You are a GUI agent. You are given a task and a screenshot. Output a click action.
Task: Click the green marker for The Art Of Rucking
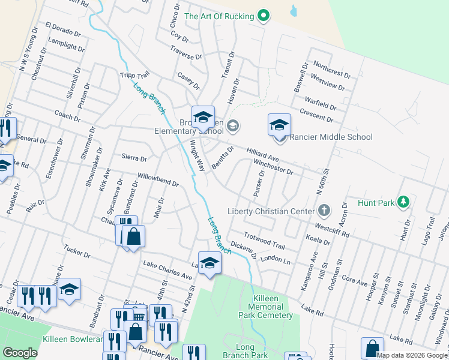263,16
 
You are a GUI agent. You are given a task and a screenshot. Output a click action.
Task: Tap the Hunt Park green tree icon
405,202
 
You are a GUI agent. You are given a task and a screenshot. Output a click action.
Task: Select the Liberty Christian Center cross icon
324,211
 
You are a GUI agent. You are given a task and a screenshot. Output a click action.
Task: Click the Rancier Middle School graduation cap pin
279,127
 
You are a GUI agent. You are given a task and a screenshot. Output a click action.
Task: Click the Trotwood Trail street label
264,241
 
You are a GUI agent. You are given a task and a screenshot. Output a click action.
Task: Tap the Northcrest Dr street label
331,70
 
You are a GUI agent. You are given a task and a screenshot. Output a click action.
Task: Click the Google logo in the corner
20,353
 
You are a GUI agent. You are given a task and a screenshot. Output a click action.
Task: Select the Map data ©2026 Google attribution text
412,355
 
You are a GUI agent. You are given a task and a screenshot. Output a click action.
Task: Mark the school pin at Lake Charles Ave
209,264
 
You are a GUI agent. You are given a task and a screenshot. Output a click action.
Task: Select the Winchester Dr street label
273,166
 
